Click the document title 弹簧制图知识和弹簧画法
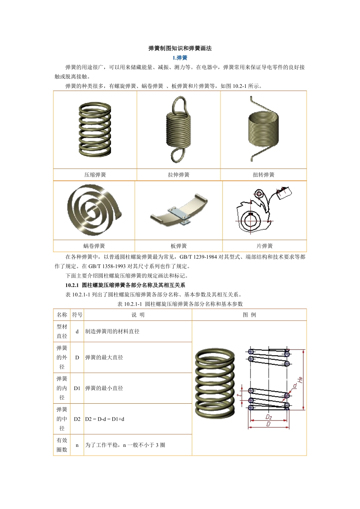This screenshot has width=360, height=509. click(180, 48)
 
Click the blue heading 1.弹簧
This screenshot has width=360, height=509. click(180, 58)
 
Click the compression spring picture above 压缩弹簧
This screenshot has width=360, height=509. click(95, 130)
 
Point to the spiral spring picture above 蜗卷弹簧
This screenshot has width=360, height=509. click(94, 211)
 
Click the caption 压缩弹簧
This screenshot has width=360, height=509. click(95, 175)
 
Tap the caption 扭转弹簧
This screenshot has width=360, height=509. click(263, 175)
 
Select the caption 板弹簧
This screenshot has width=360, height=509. click(178, 246)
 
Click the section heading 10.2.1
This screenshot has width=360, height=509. click(125, 285)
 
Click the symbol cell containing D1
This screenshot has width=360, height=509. click(77, 388)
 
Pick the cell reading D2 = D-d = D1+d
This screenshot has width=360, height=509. click(105, 419)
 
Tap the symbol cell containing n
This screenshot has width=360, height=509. click(77, 445)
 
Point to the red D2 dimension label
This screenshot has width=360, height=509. click(269, 417)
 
